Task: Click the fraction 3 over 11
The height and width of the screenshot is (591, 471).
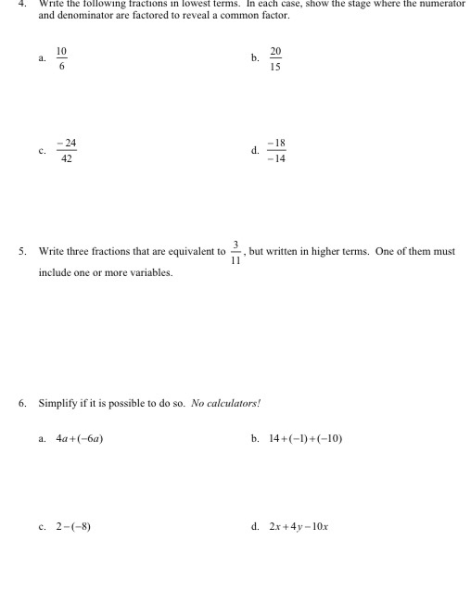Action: (x=236, y=252)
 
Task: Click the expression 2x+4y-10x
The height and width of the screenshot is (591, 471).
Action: (x=299, y=527)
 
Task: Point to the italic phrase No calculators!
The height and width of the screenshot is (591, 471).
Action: (x=226, y=403)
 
